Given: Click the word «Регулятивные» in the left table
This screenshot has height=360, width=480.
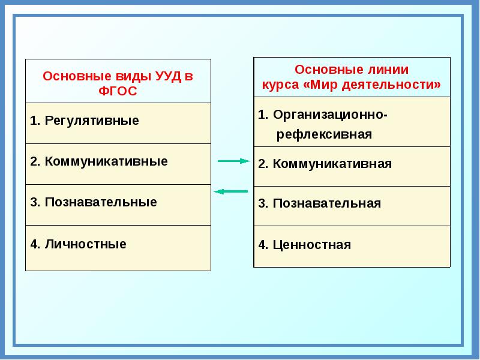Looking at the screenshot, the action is (92, 121).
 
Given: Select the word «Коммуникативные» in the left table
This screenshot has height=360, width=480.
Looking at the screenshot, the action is (106, 161).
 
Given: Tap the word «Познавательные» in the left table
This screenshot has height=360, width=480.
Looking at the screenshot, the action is (101, 202).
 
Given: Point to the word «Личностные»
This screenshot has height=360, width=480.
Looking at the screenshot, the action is (85, 244).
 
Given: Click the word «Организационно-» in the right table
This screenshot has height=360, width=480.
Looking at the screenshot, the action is (331, 115).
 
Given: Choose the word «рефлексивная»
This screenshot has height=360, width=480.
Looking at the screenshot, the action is (324, 134).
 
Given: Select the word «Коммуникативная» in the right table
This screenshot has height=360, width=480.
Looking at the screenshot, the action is (332, 164).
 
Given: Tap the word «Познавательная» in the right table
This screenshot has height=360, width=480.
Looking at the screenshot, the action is (326, 203).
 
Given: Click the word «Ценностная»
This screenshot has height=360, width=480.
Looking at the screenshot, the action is (311, 245).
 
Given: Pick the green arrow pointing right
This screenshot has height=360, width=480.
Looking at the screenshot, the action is (234, 161).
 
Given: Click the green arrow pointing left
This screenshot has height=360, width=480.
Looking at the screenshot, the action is (230, 191).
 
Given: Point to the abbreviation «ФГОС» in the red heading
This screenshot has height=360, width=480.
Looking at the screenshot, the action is (118, 91).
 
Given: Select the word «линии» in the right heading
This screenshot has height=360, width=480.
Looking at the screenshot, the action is (388, 70).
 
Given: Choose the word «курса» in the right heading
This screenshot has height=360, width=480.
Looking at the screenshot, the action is (280, 85).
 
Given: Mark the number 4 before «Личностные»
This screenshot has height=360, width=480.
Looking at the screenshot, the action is (35, 244).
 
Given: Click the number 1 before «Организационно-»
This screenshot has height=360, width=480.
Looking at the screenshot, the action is (263, 115).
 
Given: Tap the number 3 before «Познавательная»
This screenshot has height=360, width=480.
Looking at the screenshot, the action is (263, 203).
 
